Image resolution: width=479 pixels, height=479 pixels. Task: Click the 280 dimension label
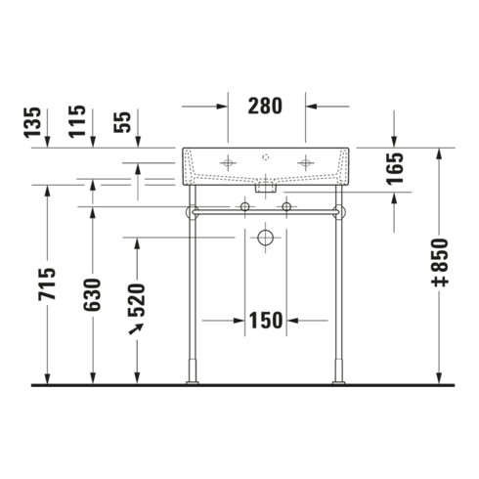coord(265,106)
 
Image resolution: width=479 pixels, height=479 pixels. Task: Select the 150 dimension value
coord(266,321)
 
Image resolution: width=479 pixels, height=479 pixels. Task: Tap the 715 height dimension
coord(47,283)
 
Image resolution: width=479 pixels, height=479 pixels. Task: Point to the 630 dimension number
coord(93,294)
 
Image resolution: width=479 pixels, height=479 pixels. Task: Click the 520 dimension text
coord(137,300)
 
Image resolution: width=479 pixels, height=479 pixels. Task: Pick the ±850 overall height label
coord(440,263)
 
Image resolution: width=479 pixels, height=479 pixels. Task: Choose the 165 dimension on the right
coord(395,168)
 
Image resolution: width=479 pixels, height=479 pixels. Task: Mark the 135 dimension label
coord(32,122)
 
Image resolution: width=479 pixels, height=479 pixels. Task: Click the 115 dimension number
coord(77,121)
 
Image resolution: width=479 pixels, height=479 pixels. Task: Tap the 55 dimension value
coord(122,122)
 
